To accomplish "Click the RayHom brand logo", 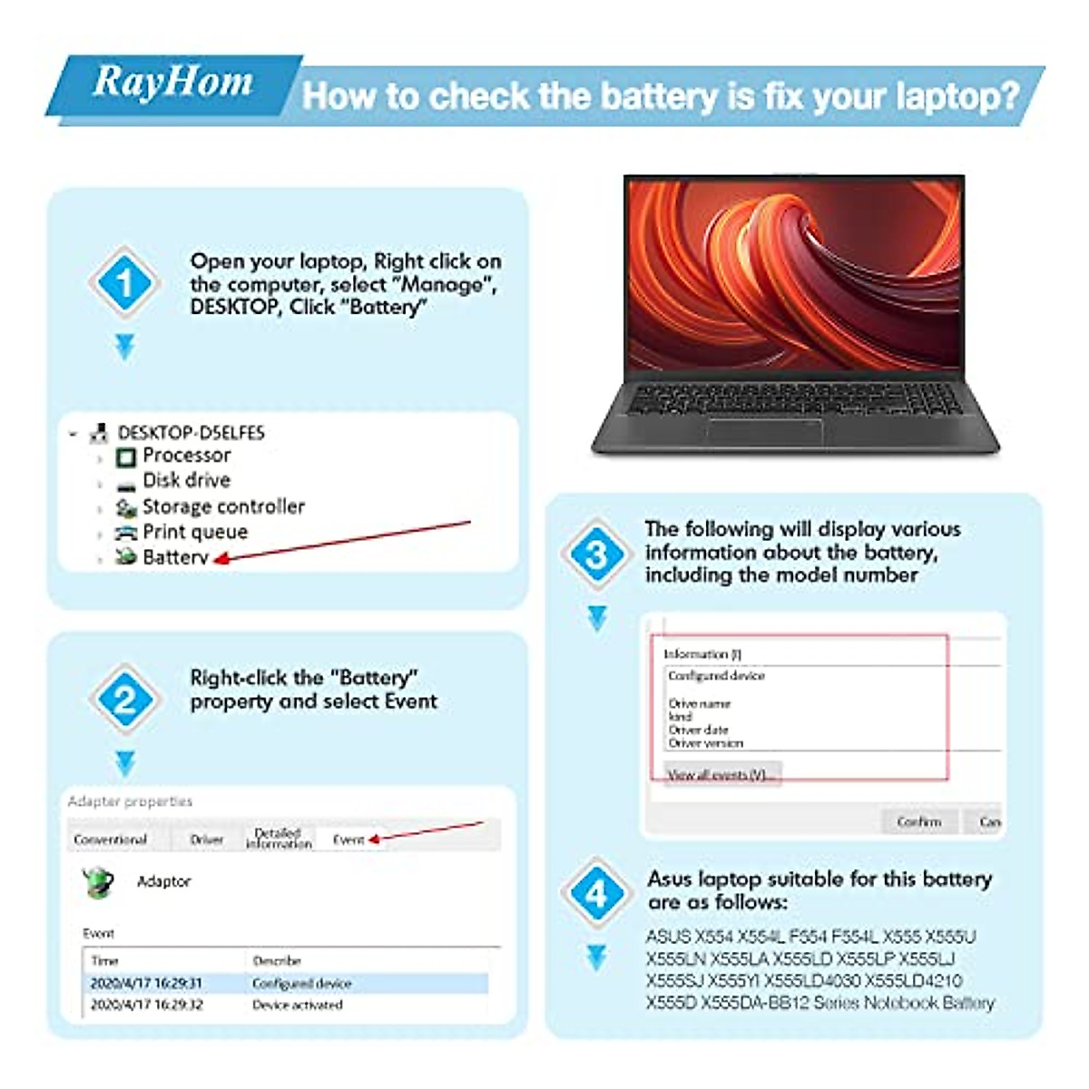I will [x=172, y=83].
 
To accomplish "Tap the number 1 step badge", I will [x=124, y=282].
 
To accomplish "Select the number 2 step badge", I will [x=124, y=699].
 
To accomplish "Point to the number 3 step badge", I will [x=595, y=554].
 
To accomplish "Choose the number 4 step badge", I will [x=595, y=895].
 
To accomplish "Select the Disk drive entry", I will [x=186, y=481].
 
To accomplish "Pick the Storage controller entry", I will [x=222, y=506].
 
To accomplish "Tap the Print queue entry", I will [x=194, y=532].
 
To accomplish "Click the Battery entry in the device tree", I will [x=175, y=557].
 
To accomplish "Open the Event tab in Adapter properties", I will [x=348, y=839].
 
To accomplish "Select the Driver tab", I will [x=207, y=839].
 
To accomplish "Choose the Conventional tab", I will [x=110, y=839].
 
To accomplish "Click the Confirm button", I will [x=918, y=821].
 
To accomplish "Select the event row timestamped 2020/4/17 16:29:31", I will [x=146, y=983].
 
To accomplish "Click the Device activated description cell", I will [x=298, y=1005].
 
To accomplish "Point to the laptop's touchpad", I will [x=764, y=431].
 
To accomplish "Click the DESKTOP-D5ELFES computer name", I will [x=191, y=433].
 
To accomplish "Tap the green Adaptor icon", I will [x=97, y=881].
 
